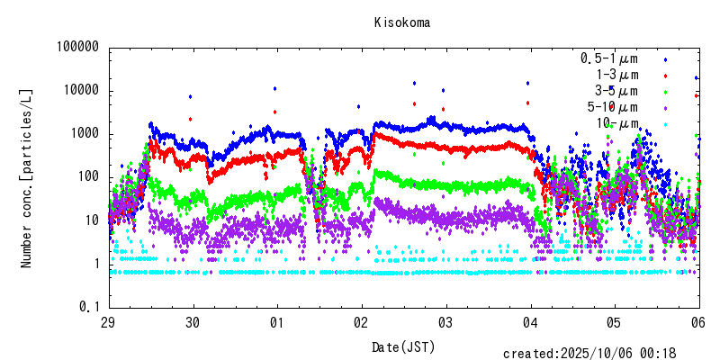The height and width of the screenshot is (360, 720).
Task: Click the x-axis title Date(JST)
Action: (x=402, y=346)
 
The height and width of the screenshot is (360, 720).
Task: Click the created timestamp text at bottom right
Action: (x=600, y=354)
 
